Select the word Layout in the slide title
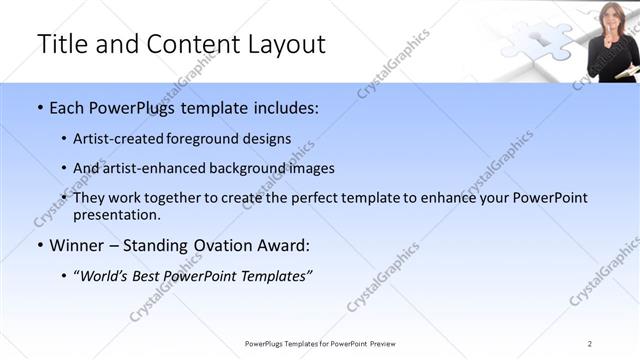pyautogui.click(x=285, y=45)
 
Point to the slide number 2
pyautogui.click(x=590, y=343)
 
